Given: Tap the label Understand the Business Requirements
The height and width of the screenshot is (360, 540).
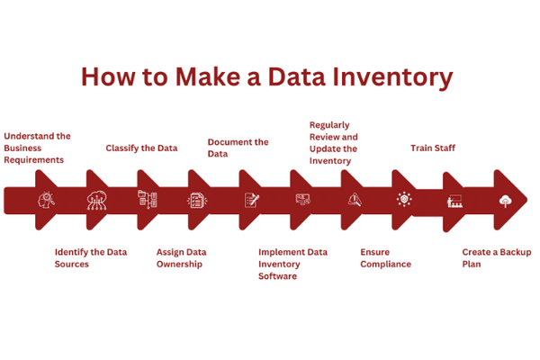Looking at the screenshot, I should coord(37,148).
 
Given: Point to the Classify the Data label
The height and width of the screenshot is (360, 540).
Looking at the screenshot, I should coord(141,148).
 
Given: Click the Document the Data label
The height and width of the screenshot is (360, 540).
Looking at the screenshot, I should coord(238,148).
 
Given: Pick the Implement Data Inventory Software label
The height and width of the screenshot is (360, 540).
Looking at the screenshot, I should coord(292,264).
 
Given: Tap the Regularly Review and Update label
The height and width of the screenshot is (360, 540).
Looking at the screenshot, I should coord(333,142).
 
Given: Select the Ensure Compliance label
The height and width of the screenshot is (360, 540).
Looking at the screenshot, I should coord(385,258).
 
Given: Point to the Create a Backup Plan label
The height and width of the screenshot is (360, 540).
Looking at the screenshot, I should coord(496,258).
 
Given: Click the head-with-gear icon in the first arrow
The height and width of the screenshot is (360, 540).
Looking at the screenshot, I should coord(45,200).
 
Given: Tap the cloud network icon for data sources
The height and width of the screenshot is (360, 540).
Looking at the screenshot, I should coord(96,200).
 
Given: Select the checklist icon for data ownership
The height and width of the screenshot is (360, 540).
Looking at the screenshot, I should coord(197,200).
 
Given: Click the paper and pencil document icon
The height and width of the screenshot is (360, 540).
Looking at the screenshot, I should coord(251,200).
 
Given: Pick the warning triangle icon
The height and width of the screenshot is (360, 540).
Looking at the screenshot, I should coord(354,200).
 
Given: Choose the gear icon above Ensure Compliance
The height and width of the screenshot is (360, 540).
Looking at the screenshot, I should coord(404,199).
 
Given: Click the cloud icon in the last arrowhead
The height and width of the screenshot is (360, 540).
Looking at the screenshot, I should coord(506,200).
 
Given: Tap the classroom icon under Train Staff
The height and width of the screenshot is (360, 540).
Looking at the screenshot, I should coord(455,202).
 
